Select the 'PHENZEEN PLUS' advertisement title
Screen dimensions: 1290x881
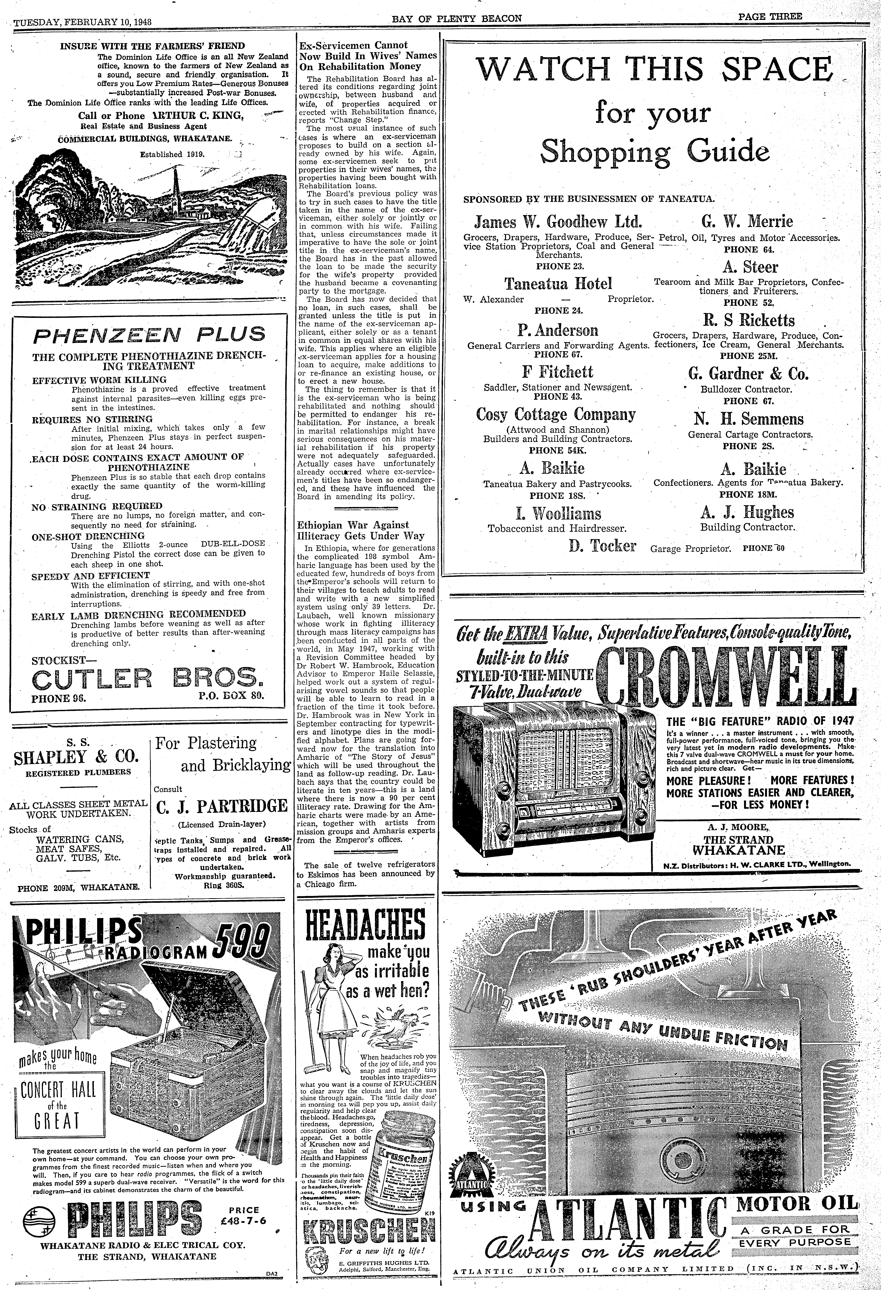coord(149,335)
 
